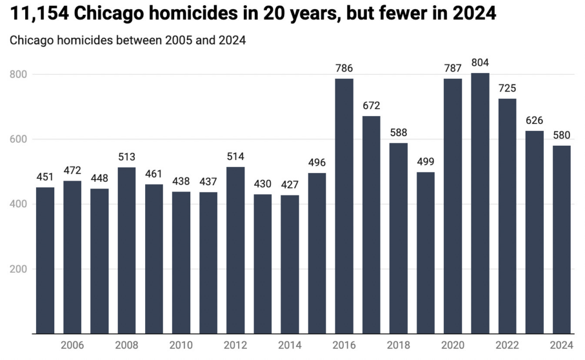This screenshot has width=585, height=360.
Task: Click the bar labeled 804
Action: (480, 203)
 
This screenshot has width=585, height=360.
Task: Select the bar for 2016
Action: (344, 206)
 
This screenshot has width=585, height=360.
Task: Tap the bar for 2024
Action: (562, 239)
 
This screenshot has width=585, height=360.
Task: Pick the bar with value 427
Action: (290, 265)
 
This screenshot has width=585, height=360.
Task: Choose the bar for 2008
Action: (127, 250)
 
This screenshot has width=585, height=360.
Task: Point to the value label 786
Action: (344, 69)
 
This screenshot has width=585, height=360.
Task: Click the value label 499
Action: (426, 162)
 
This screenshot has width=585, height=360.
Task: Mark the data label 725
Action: (507, 89)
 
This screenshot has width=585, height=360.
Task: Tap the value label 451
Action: (45, 177)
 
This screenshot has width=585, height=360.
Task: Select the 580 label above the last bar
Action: (562, 135)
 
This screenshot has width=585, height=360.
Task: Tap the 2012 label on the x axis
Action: (235, 345)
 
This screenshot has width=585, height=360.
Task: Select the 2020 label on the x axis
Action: (452, 345)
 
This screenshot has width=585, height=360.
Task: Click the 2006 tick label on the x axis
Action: (73, 345)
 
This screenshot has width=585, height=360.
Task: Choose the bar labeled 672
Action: (371, 225)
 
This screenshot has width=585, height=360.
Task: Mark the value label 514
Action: (235, 157)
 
